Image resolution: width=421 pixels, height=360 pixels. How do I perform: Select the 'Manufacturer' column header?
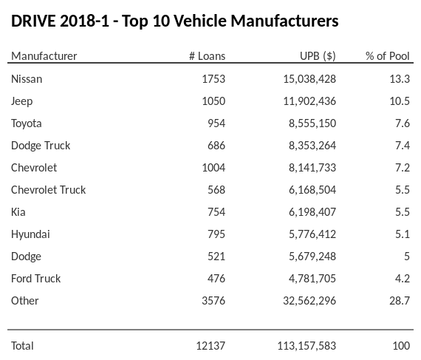click(x=44, y=56)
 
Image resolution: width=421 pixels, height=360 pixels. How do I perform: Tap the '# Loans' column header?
click(x=207, y=56)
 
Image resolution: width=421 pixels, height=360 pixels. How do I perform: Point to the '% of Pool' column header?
click(x=388, y=56)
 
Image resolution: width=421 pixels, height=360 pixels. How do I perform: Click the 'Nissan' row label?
click(x=27, y=78)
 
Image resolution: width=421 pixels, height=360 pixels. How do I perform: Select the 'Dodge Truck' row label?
click(x=41, y=145)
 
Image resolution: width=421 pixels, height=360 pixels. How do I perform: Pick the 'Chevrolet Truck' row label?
click(x=48, y=189)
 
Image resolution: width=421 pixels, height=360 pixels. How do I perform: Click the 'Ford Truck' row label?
click(x=35, y=278)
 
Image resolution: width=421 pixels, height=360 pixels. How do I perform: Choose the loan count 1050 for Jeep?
click(x=213, y=101)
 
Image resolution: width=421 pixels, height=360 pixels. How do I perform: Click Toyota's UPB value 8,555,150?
click(x=312, y=123)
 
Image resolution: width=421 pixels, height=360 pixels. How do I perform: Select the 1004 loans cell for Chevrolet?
click(x=213, y=167)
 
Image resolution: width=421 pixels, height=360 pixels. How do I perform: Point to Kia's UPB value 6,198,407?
click(x=312, y=211)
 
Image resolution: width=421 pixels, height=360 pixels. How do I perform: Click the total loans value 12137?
click(x=210, y=345)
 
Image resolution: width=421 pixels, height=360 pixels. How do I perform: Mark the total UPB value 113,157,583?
click(x=307, y=345)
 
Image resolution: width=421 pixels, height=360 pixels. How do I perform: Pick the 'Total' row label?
click(x=22, y=345)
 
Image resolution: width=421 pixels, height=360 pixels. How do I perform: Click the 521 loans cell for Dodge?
click(x=216, y=256)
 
